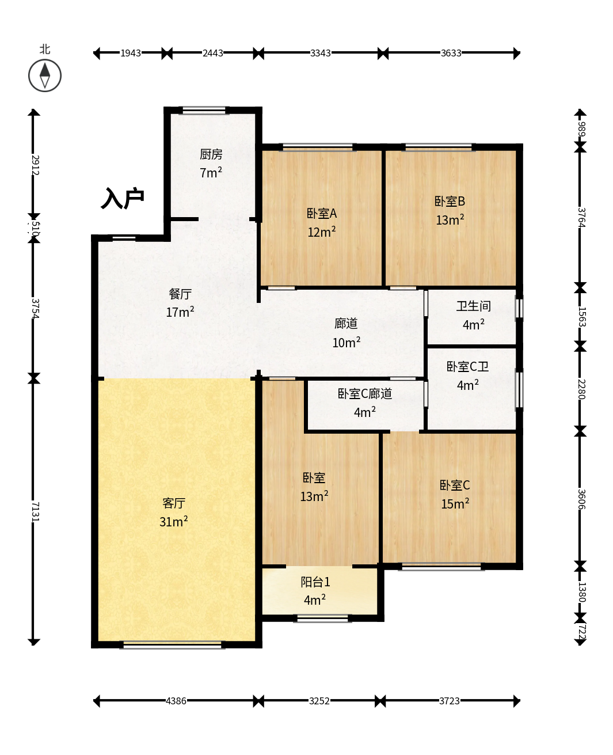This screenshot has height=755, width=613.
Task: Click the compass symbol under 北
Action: pos(45,75)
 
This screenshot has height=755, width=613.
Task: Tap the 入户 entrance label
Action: pos(123,198)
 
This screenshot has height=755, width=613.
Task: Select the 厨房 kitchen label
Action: pos(211,154)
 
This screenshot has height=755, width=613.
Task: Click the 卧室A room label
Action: pos(321,214)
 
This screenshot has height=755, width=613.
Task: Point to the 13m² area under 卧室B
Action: pos(450,220)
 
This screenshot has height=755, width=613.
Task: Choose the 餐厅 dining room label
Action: pos(180,294)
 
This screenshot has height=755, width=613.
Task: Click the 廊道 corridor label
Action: pos(346,323)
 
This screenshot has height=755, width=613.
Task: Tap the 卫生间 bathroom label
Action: pos(473,306)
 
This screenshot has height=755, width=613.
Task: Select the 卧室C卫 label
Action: pos(467,366)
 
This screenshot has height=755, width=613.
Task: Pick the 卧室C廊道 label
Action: pos(364,393)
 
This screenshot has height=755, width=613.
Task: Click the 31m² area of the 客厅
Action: pos(173,521)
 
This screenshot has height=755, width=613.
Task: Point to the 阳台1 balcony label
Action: pos(315,582)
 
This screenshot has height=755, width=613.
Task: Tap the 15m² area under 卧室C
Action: pos(455,503)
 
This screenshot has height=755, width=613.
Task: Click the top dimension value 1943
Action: pos(131,53)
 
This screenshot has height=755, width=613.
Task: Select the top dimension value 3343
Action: pos(321,53)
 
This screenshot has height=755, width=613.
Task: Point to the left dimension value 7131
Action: pos(36,511)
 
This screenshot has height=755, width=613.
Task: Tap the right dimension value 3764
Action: pos(581,217)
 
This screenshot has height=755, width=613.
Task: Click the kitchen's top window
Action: pos(204,110)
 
